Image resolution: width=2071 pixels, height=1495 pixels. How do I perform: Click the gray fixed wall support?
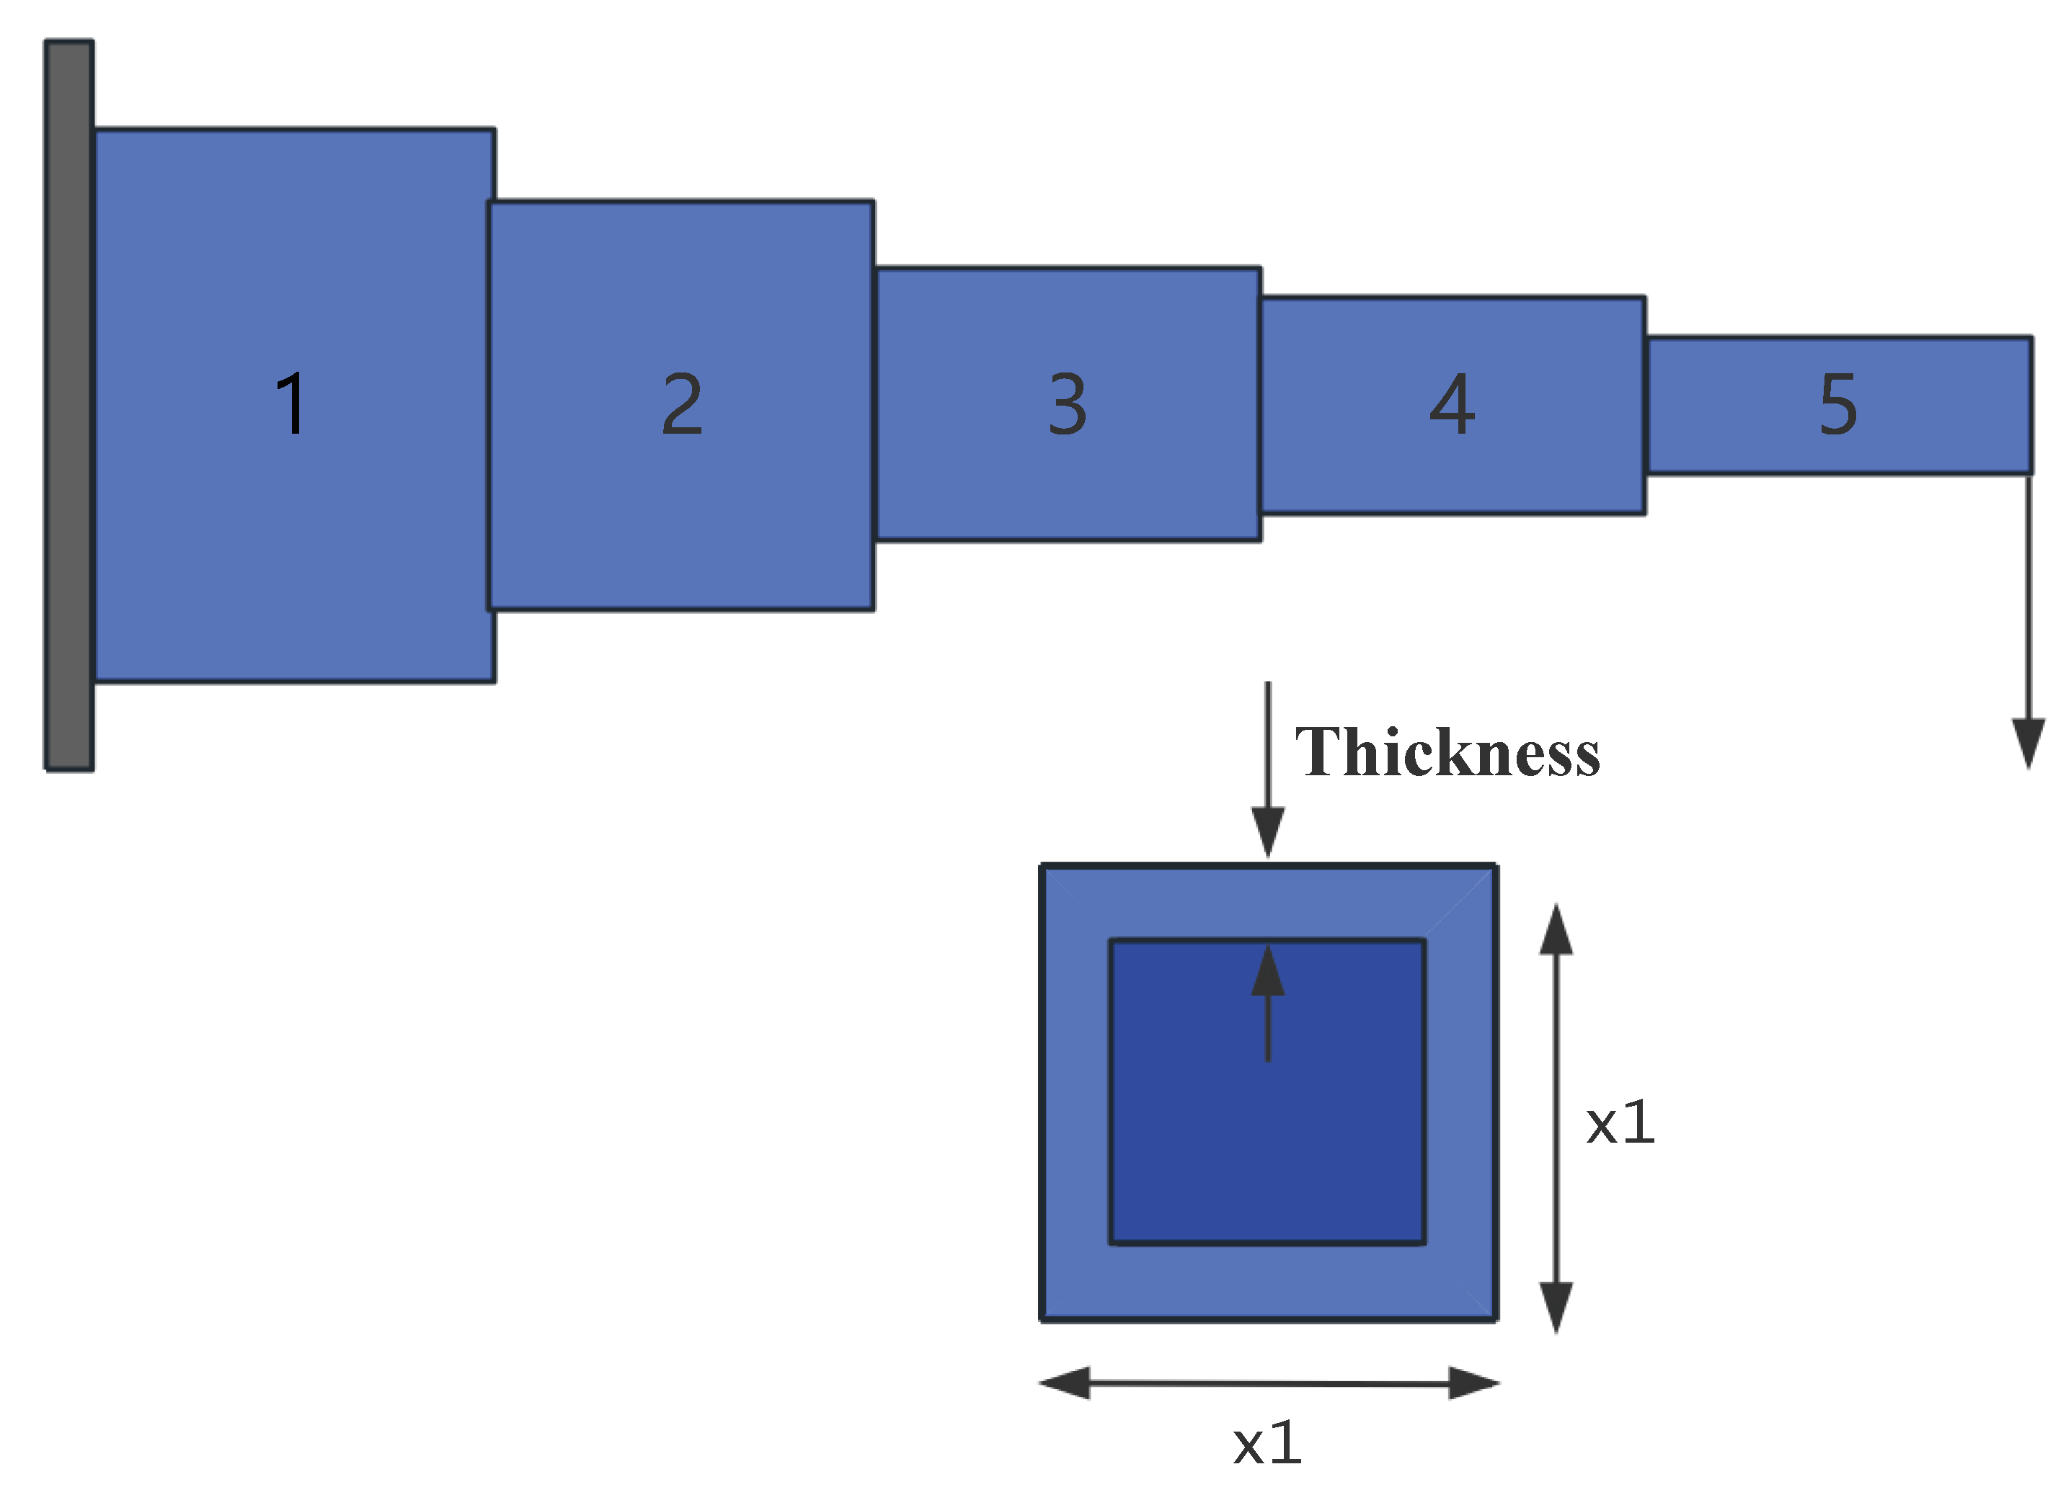coord(69,405)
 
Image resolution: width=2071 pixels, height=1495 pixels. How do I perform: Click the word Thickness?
coord(1447,753)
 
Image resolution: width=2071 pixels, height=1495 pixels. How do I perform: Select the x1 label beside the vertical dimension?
coord(1620,1122)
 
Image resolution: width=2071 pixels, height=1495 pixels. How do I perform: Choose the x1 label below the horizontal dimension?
coord(1267,1443)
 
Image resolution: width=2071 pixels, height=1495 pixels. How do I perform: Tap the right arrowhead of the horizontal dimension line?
coord(1473,1383)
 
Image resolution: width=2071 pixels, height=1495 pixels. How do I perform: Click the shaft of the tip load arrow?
coord(2029,593)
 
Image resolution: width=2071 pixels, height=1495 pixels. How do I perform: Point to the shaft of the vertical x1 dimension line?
coord(1556,1118)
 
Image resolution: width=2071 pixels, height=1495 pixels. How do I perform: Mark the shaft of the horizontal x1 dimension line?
coord(1269,1383)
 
